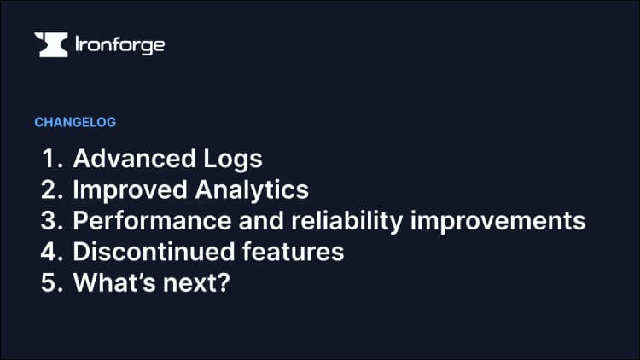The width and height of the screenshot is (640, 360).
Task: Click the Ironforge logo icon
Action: click(50, 45)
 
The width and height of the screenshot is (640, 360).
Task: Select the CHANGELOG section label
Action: click(75, 122)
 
